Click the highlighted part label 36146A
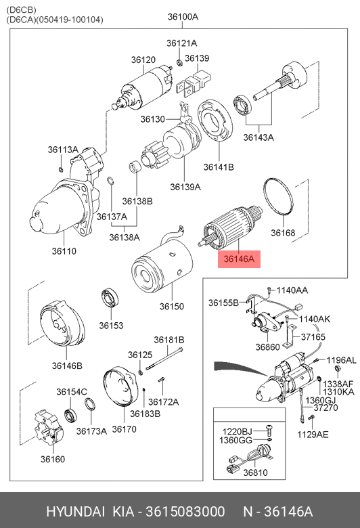click(239, 259)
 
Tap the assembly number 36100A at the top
click(183, 16)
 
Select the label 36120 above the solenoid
click(143, 60)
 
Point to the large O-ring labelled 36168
click(278, 196)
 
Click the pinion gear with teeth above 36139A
click(154, 156)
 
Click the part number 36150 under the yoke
click(172, 307)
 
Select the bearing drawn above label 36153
click(110, 298)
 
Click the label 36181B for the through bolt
click(169, 340)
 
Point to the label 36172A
click(163, 401)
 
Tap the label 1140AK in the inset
click(315, 319)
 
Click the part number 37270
click(325, 408)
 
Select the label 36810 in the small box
click(255, 472)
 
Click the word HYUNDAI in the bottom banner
click(75, 512)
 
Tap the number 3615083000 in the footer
click(185, 512)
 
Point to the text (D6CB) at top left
click(21, 9)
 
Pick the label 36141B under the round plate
click(219, 167)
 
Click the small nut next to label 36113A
click(61, 169)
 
